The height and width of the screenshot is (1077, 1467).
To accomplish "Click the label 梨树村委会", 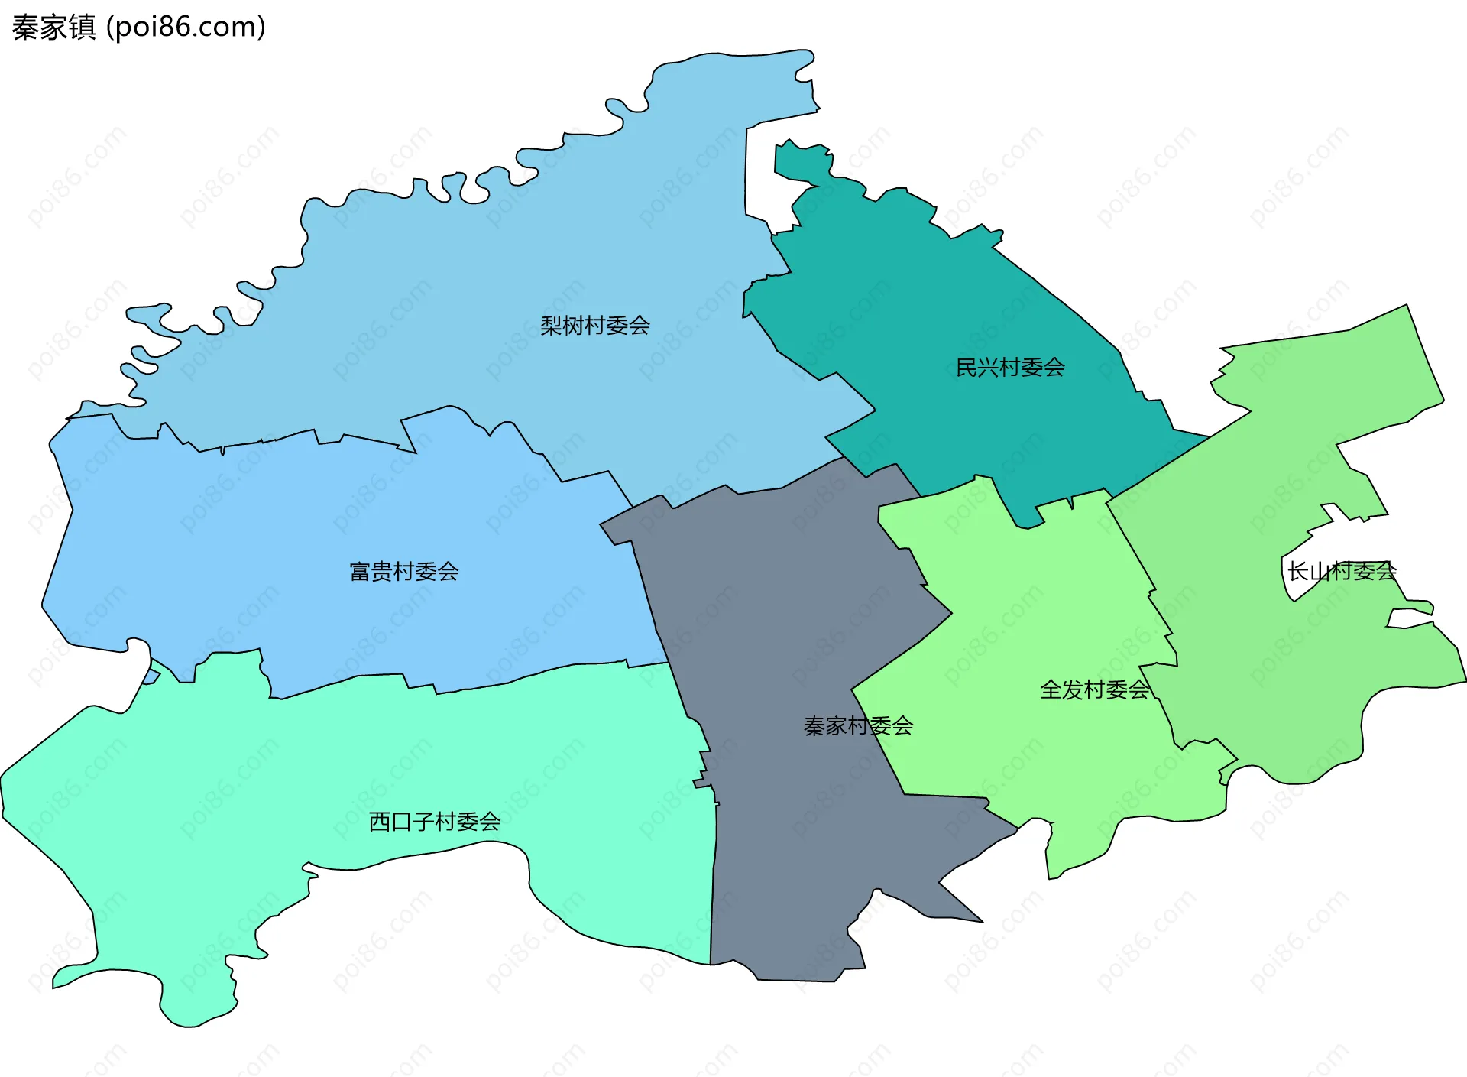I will pos(595,326).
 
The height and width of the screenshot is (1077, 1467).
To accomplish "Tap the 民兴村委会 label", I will pos(1010,368).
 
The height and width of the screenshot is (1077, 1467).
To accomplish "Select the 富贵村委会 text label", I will pos(403,572).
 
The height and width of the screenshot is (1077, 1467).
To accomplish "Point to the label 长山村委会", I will pos(1342,571).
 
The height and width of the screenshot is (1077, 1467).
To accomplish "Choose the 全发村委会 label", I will pos(1094,690).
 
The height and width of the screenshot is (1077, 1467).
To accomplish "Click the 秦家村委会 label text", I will pos(858,725).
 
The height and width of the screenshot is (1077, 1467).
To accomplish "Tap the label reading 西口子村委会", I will pos(435,822).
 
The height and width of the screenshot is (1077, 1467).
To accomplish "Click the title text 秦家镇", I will pos(53,28).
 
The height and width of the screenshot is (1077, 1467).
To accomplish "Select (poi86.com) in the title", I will pos(186,28).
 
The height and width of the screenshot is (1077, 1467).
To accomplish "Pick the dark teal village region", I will pos(955,306).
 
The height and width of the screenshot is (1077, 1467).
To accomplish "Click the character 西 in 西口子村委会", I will pos(381,822).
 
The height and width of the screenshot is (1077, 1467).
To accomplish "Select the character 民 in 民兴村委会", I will pos(967,368).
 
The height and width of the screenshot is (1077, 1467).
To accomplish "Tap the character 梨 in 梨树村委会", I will pos(551,326).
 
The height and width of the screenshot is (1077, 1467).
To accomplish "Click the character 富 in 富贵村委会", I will pos(360,572).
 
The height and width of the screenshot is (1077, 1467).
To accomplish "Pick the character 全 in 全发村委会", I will pos(1051,690).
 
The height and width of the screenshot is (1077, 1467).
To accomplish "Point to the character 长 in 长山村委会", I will pos(1298,571).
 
